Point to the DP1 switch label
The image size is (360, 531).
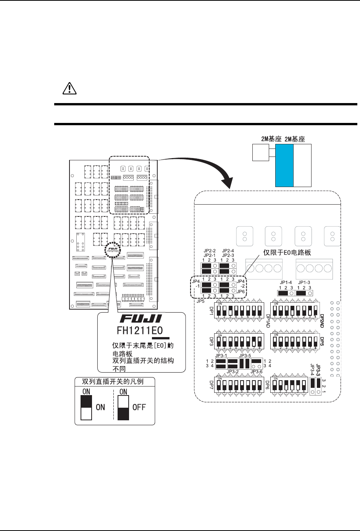point(211,310)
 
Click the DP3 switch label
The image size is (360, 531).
point(211,341)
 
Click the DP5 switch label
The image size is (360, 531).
point(321,341)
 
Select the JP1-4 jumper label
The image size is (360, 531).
point(286,282)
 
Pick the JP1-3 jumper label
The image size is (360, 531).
point(304,282)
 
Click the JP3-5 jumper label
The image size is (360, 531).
point(245,355)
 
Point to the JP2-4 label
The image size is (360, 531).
point(228,250)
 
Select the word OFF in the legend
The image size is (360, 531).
point(139,407)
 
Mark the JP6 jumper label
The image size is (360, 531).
point(241,291)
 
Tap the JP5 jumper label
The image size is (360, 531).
point(200,301)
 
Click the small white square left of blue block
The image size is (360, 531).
point(261,153)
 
